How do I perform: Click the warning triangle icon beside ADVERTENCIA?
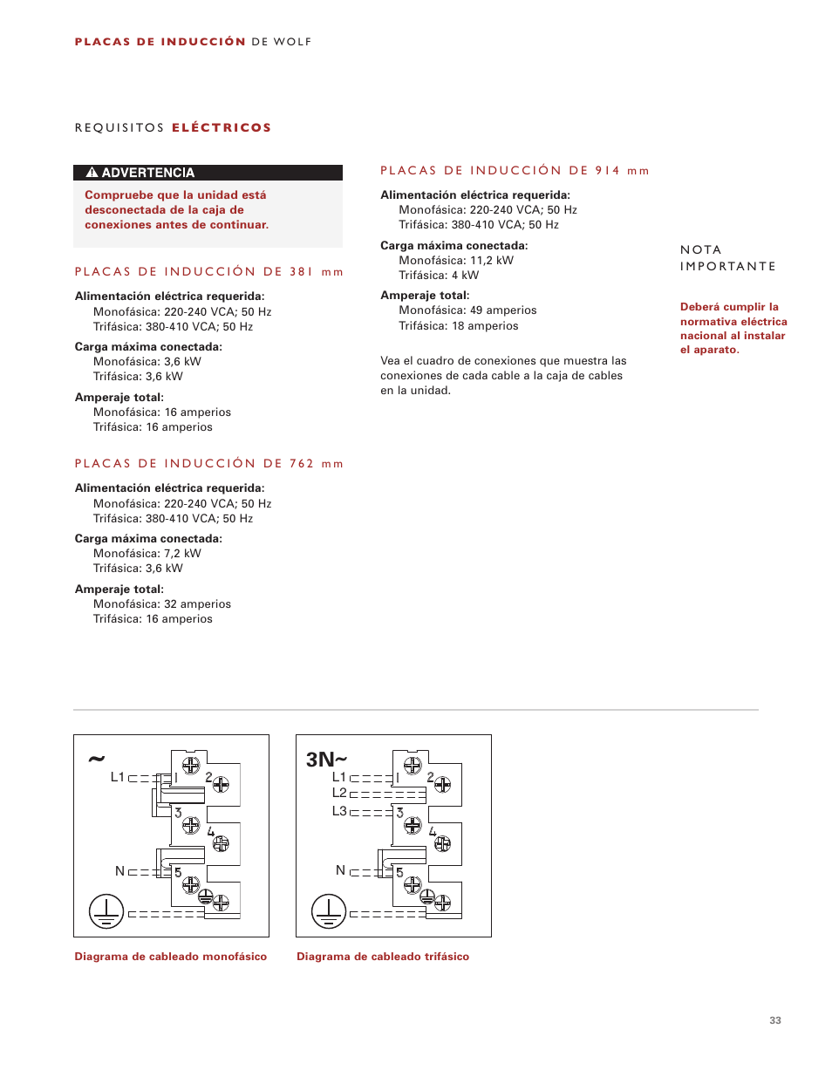(92, 173)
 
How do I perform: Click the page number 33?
(775, 1020)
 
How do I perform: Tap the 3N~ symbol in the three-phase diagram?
(326, 760)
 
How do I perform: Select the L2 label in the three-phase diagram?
(339, 793)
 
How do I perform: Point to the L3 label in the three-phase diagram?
(339, 811)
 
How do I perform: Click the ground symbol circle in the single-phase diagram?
(106, 912)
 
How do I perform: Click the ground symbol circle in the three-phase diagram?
(329, 912)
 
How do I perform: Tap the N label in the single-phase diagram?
(120, 871)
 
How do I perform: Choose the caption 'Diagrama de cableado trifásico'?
(383, 957)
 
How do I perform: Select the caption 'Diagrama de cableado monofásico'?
(171, 957)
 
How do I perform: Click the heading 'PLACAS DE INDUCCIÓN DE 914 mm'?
(515, 171)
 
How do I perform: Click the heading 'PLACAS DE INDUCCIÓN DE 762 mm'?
(209, 464)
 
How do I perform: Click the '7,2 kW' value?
(182, 554)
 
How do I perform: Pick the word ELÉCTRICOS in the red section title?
(222, 128)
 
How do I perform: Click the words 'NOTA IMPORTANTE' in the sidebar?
(727, 258)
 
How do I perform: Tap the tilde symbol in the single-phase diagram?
(96, 759)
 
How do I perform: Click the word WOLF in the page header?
(292, 42)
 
